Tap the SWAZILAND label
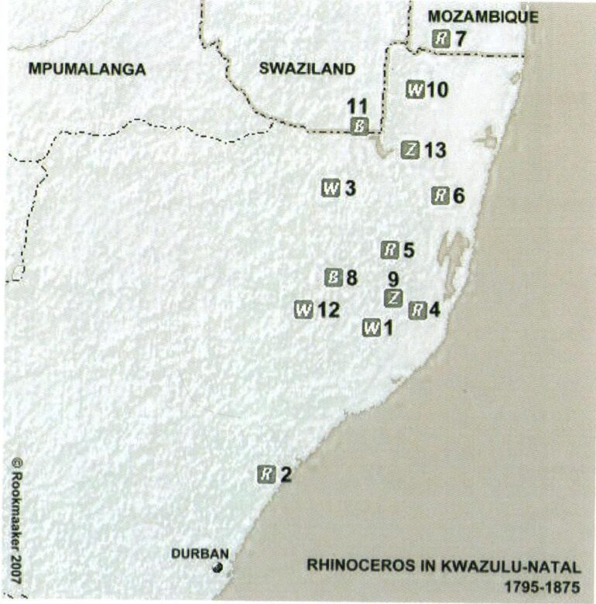point(307,69)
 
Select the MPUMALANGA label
point(87,69)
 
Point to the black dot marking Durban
point(218,568)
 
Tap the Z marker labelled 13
point(411,150)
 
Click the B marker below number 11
point(358,126)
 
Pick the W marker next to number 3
point(331,188)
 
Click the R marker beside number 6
point(440,195)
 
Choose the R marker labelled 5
point(391,250)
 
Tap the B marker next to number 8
point(333,277)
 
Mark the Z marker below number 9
point(393,297)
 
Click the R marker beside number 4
point(417,311)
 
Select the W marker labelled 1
point(372,328)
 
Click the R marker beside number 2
point(266,474)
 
